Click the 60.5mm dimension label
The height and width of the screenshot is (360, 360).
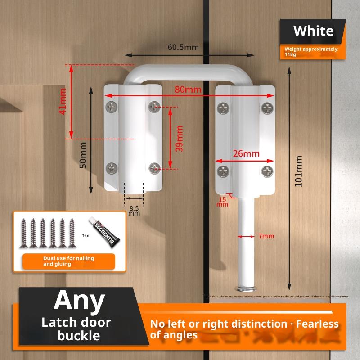tap(184, 47)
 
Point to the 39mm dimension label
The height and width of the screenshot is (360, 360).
tap(179, 138)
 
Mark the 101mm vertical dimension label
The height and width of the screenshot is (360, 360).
tap(298, 171)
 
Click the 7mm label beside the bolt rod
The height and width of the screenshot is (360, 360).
tap(266, 236)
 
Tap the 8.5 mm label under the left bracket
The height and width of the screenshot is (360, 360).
tap(134, 211)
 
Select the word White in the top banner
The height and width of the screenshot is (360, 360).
tap(313, 31)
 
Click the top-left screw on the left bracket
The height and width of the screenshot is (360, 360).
tap(112, 107)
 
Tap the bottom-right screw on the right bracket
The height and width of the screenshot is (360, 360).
tap(268, 171)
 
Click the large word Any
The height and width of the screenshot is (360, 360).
tap(79, 300)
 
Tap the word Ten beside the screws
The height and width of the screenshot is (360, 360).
tap(85, 235)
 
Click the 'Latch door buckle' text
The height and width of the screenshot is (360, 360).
tap(76, 328)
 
